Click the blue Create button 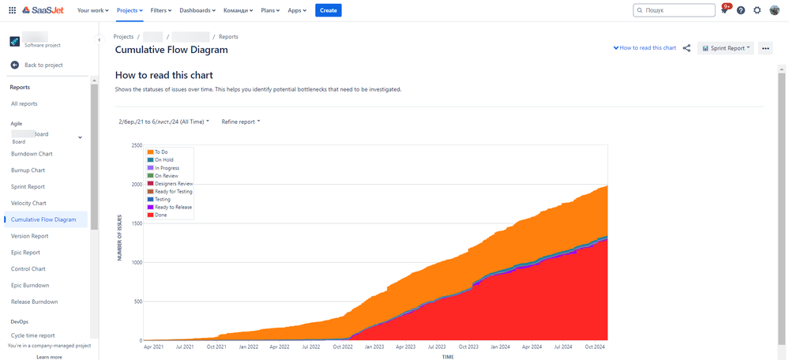pyautogui.click(x=328, y=10)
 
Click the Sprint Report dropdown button pyautogui.click(x=725, y=48)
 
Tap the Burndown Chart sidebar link pyautogui.click(x=32, y=153)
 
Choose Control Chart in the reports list pyautogui.click(x=28, y=268)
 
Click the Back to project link pyautogui.click(x=43, y=65)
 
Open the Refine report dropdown pyautogui.click(x=240, y=122)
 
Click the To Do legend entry pyautogui.click(x=162, y=152)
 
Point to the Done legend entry pyautogui.click(x=160, y=215)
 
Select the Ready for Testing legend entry pyautogui.click(x=173, y=191)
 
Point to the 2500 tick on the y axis pyautogui.click(x=136, y=146)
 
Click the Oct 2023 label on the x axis pyautogui.click(x=468, y=347)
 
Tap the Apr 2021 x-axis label pyautogui.click(x=153, y=347)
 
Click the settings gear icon pyautogui.click(x=757, y=10)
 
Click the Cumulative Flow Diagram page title pyautogui.click(x=171, y=50)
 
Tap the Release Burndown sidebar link pyautogui.click(x=34, y=302)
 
